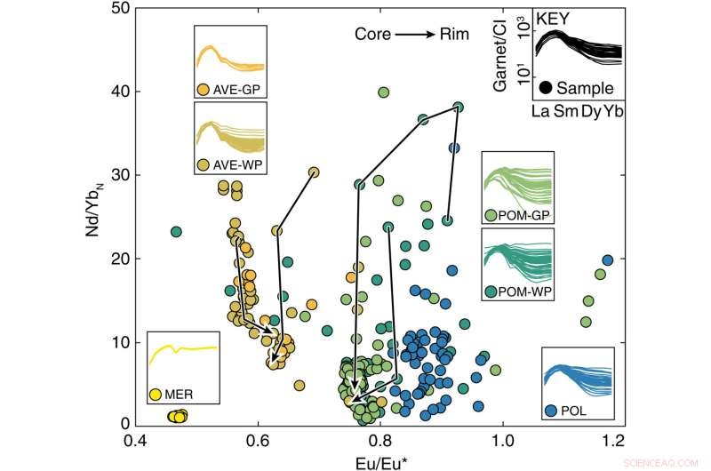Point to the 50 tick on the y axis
tap(114, 9)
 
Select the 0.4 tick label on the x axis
tap(135, 440)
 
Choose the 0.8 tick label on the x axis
tap(380, 440)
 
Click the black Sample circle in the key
tap(544, 87)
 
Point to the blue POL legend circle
tap(551, 411)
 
